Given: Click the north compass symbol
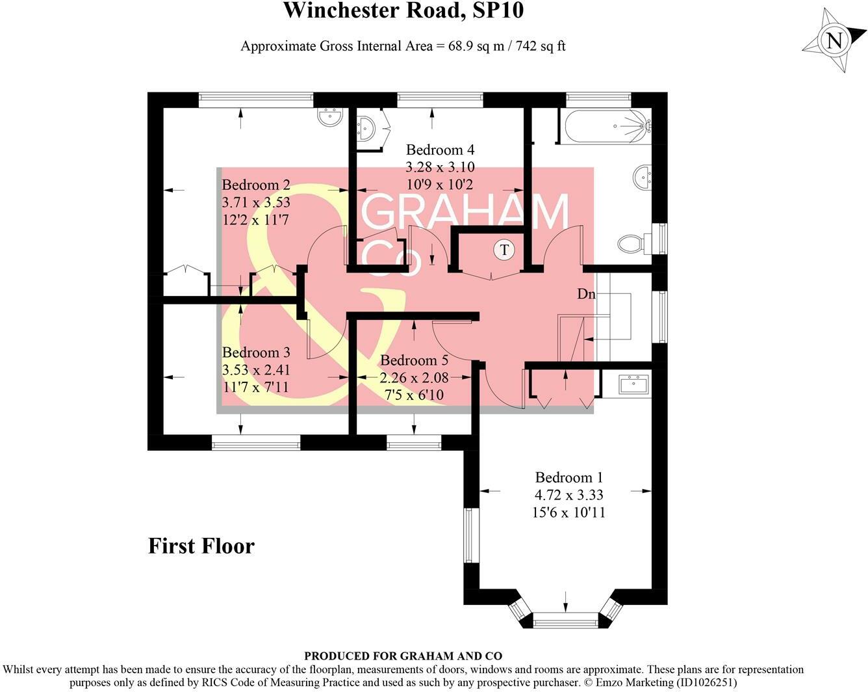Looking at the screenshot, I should pos(834,41).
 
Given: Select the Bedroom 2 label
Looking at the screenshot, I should pos(255,185).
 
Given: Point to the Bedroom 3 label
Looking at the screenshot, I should pos(255,353).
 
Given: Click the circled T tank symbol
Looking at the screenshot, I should pos(504,250).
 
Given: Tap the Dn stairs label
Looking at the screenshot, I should pos(586,294).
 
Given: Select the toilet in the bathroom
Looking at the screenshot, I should pos(631,244).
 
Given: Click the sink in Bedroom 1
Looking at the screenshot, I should pos(633,384).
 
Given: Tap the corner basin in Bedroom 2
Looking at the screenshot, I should pos(331,117).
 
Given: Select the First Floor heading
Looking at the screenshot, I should pos(201,546).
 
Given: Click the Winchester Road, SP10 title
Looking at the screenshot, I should pos(403,11).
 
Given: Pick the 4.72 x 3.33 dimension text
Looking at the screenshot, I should pos(569,495).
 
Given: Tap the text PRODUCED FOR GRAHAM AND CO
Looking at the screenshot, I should pos(403,656).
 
